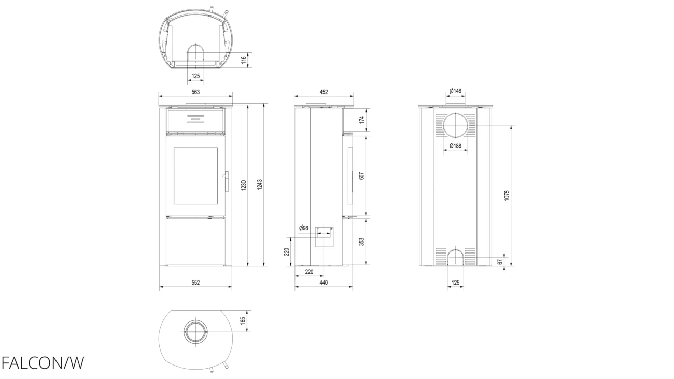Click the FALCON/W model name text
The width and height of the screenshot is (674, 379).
(x=43, y=363)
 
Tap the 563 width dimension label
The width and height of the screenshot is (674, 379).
(x=195, y=92)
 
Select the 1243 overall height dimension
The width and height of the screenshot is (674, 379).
(x=260, y=185)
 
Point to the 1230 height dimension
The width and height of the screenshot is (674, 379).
(x=244, y=185)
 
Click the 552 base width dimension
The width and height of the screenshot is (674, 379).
(x=195, y=283)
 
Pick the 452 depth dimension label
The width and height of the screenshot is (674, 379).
(x=324, y=92)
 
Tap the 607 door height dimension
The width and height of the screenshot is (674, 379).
(x=362, y=176)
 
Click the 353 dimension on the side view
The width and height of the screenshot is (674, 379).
(x=362, y=242)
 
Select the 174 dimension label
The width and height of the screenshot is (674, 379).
(x=362, y=119)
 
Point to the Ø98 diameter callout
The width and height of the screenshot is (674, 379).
(x=304, y=228)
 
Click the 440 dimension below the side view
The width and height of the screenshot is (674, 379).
(x=324, y=283)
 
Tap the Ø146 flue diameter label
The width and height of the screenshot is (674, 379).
(x=455, y=91)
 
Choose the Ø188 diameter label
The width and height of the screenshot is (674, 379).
(x=455, y=146)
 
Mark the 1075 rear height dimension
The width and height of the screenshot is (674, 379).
(x=507, y=195)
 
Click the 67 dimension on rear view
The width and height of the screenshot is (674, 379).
(x=500, y=262)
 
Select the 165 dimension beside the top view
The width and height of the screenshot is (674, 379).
(x=243, y=320)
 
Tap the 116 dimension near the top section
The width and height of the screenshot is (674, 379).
(x=244, y=60)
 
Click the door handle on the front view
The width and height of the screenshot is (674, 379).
(x=226, y=181)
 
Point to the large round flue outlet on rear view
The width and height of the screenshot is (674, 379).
(x=455, y=125)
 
